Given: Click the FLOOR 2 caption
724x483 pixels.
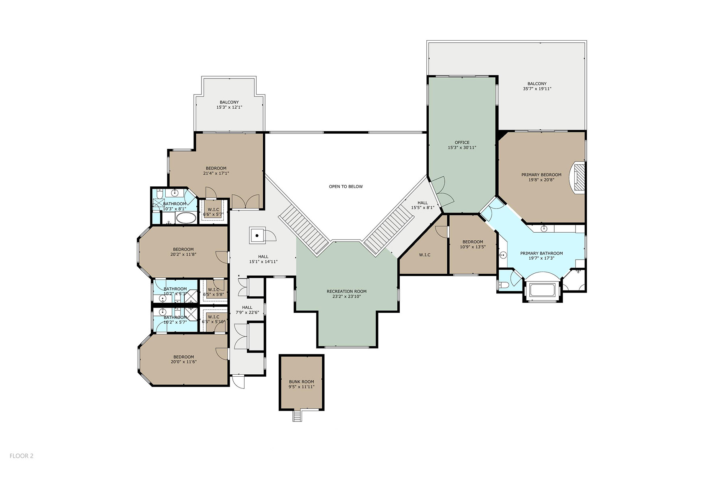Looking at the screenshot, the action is click(22, 456).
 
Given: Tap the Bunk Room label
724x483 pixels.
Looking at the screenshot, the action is click(302, 382).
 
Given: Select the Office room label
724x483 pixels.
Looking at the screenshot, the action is click(462, 142).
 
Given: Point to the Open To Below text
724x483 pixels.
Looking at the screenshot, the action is click(346, 187).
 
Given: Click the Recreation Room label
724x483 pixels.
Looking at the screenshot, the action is click(347, 291).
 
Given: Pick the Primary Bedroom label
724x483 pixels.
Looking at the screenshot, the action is click(541, 175).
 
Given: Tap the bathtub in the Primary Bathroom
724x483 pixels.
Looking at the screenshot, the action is click(543, 290).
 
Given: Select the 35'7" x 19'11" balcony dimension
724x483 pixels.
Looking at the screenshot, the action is click(537, 89).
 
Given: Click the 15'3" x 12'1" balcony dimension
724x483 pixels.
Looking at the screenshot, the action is click(229, 107).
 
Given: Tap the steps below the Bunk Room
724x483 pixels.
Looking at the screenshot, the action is click(297, 415).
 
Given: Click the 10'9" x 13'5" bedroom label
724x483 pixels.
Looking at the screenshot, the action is click(473, 244).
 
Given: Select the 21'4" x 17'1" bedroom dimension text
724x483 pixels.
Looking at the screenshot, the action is click(216, 173).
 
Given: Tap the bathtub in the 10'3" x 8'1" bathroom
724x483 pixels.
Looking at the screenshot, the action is click(186, 219).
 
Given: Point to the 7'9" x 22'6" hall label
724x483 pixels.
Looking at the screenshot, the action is click(247, 310).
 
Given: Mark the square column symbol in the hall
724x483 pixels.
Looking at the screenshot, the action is click(257, 235).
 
